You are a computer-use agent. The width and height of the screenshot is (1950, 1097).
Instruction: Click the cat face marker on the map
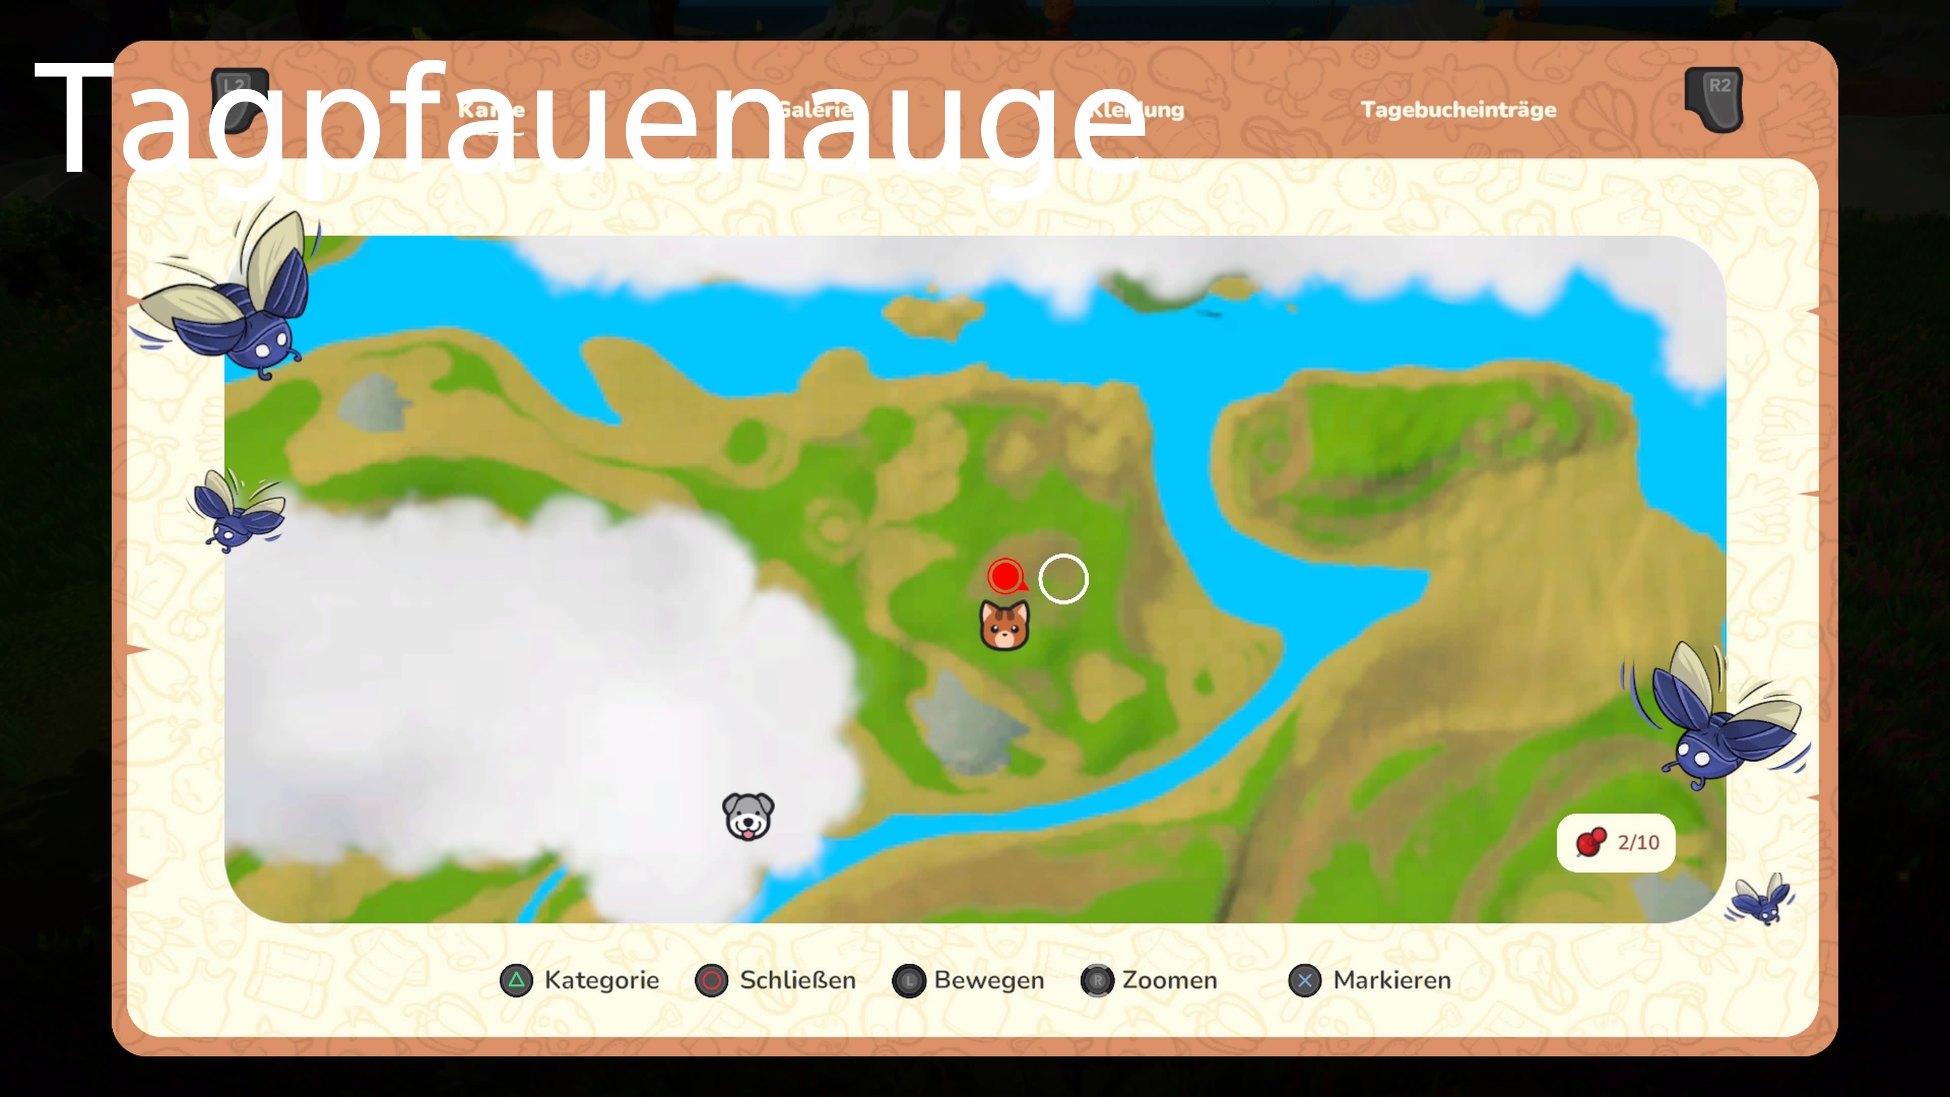1004,625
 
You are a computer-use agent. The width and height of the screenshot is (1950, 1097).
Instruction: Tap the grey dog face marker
748,816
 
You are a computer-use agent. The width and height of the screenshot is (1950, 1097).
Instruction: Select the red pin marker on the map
1006,576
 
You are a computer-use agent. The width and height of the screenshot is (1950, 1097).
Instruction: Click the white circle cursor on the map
1063,579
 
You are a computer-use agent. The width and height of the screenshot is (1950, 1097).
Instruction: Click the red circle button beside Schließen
711,980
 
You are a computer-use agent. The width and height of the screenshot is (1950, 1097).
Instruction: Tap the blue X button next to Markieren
1304,980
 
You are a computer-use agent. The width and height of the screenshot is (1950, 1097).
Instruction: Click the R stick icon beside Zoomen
1097,980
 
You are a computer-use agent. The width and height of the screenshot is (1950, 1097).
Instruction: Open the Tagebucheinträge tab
1458,110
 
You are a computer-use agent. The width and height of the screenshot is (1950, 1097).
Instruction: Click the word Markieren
1391,980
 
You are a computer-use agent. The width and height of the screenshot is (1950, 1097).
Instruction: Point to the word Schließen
797,980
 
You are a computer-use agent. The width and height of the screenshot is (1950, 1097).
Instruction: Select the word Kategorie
602,980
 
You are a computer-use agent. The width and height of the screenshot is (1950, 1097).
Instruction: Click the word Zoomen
1169,980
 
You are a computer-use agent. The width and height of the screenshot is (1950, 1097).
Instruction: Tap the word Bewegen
989,980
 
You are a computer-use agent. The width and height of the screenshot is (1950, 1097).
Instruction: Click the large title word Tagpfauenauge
591,121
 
